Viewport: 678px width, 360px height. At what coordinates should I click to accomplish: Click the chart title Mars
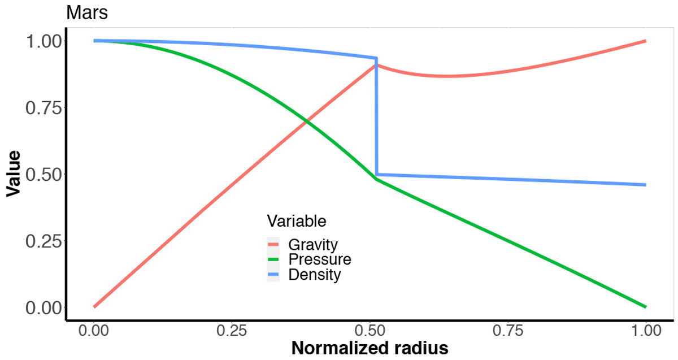coord(87,13)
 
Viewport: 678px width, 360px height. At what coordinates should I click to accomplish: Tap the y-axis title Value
coord(14,174)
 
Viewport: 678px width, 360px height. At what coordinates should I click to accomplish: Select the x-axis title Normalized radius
coord(370,348)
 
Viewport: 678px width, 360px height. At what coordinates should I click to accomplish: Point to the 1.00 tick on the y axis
coord(44,41)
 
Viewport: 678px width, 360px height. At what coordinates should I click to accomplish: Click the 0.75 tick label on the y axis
coord(44,108)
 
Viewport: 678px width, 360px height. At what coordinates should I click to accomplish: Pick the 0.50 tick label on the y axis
coord(44,175)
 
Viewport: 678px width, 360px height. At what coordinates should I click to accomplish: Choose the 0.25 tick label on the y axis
coord(44,241)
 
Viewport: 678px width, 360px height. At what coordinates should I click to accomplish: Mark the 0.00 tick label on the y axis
coord(44,308)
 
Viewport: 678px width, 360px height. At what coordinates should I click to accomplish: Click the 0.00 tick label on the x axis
coord(94,331)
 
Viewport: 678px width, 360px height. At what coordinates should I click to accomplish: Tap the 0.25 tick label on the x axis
coord(232,331)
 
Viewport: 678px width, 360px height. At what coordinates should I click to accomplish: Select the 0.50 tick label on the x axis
coord(370,331)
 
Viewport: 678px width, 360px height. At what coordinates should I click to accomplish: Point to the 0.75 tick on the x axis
coord(508,331)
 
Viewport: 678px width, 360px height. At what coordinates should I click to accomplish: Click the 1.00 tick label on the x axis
coord(646,331)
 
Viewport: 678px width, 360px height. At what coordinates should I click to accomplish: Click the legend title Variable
coord(297,221)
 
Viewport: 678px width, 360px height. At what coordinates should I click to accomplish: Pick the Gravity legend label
coord(313,245)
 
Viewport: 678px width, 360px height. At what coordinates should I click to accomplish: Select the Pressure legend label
coord(320,259)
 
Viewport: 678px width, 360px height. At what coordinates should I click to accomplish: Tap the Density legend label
coord(315,275)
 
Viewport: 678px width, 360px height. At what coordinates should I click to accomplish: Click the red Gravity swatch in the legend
coord(273,244)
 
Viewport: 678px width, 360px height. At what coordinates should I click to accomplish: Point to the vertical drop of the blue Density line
coord(376,116)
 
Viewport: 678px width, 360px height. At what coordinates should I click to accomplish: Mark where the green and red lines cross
coord(307,122)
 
